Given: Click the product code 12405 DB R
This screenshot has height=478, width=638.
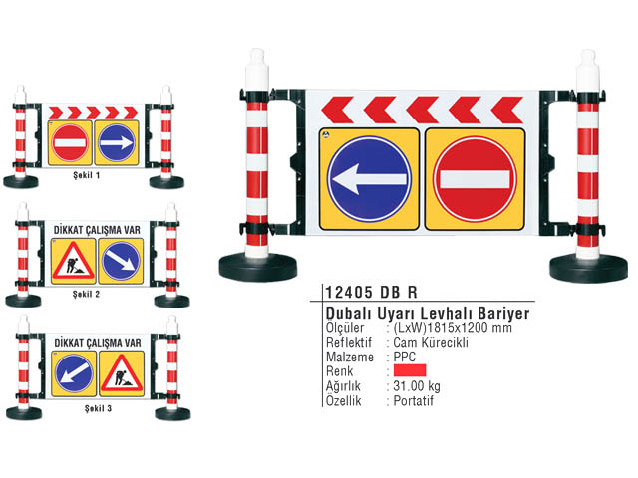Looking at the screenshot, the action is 371,292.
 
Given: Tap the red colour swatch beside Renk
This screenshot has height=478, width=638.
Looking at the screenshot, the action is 410,370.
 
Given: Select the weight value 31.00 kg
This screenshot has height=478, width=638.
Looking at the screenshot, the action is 417,386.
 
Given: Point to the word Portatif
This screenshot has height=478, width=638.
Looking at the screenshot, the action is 413,401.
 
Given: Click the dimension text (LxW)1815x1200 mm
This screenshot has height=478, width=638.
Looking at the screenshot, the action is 453,328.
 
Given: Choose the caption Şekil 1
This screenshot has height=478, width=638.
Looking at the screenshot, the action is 87,175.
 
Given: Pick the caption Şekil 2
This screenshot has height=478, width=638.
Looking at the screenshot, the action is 87,294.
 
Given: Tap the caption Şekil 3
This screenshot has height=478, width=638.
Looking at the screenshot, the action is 98,408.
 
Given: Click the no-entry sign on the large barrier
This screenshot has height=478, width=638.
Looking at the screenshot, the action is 475,179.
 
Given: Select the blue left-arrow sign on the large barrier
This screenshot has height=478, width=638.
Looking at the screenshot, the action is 369,179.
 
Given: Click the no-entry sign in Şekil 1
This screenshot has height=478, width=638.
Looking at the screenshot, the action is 70,142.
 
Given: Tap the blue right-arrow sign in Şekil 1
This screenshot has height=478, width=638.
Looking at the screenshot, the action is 117,142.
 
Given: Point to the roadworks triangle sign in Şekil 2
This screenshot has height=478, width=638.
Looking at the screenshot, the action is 73,261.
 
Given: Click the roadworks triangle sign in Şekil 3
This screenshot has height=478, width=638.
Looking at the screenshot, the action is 122,373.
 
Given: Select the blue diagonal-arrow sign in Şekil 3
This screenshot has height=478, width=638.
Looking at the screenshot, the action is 74,373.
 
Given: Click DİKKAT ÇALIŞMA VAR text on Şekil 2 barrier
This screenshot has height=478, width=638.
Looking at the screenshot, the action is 97,230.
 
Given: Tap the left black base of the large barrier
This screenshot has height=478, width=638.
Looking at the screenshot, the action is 258,267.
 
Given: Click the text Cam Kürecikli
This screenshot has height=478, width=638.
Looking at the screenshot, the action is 431,342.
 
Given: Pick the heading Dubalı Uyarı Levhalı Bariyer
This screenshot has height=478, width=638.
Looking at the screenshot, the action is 428,313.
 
